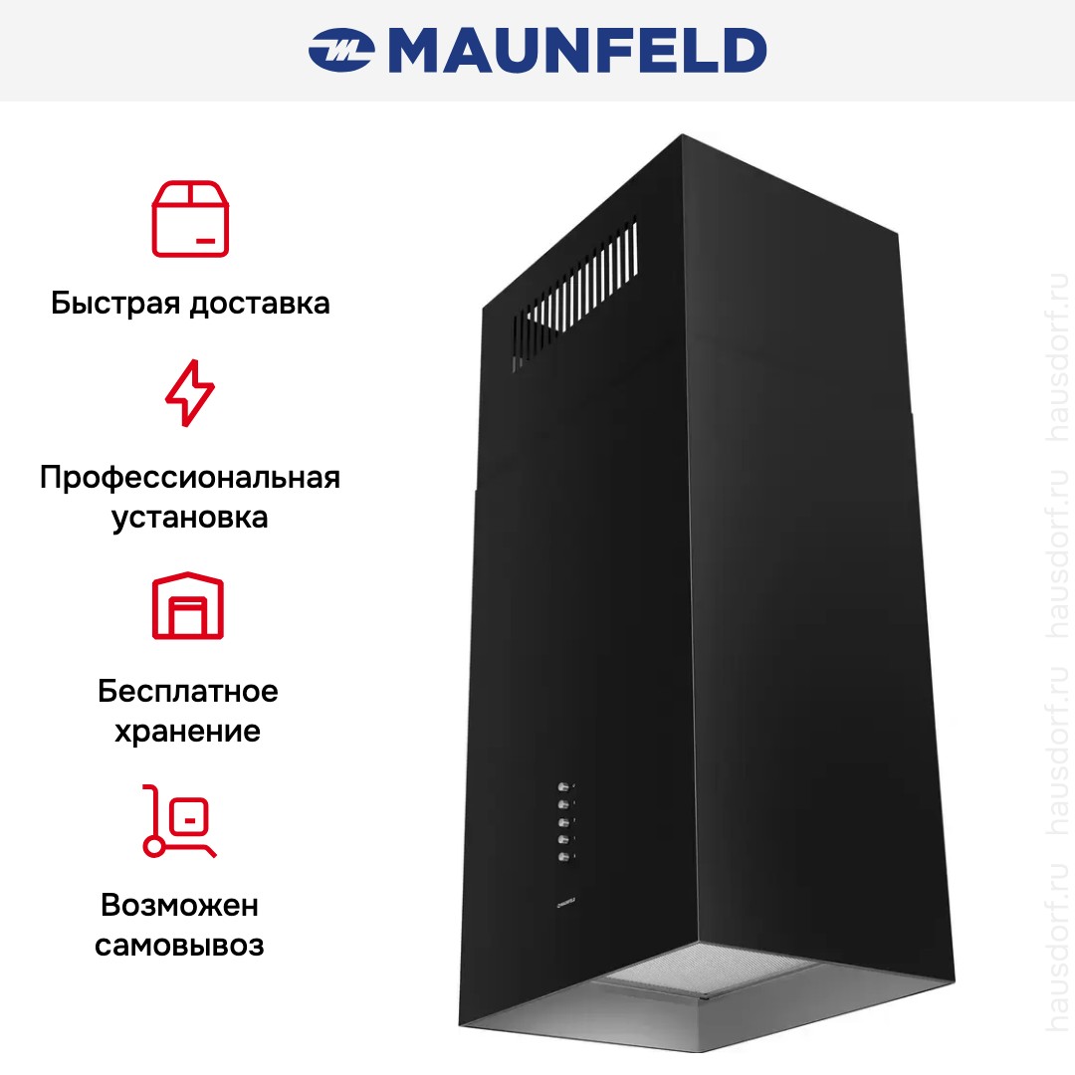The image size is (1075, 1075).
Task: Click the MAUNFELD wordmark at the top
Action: coord(577,50)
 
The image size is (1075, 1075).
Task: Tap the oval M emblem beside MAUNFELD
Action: coord(340,50)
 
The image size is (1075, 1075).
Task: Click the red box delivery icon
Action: coord(190,219)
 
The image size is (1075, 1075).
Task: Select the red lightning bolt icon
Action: coord(190,393)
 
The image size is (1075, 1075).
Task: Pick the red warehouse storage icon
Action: coord(188,605)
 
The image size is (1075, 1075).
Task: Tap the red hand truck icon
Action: coord(179,820)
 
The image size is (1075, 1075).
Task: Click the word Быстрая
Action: coord(115,304)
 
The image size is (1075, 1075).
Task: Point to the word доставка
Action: coord(260,304)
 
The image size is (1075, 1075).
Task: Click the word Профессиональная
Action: coord(190,477)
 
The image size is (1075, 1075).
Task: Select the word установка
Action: coord(190,518)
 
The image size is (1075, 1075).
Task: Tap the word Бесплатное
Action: coord(188,691)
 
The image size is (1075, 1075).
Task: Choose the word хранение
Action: coord(188,732)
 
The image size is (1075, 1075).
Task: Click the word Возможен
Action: coord(179,905)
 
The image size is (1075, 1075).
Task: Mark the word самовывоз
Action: coord(179,947)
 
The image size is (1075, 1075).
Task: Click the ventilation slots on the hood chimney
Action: coord(576,294)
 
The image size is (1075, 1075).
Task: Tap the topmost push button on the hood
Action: coord(563,786)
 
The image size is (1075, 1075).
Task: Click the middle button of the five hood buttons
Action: coord(564,822)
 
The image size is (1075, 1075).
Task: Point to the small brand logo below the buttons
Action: coord(566,904)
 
